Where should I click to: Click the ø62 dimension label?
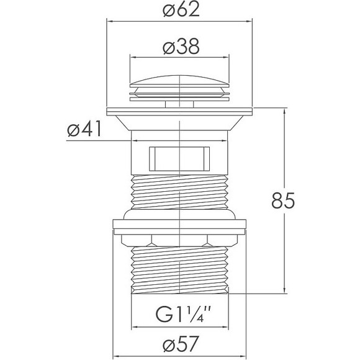click(x=181, y=11)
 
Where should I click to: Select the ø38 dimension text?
click(x=181, y=47)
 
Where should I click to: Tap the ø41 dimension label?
click(x=84, y=129)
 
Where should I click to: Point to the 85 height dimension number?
click(x=283, y=200)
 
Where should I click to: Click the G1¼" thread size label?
click(x=183, y=314)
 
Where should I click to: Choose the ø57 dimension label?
click(x=181, y=344)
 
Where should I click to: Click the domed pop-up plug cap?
click(x=179, y=81)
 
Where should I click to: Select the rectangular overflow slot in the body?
click(x=179, y=159)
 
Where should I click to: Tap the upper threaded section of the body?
click(x=179, y=192)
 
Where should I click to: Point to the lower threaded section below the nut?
click(x=180, y=270)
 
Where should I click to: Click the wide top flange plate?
click(x=179, y=111)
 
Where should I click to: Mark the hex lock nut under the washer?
click(x=179, y=240)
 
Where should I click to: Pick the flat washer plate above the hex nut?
click(x=179, y=227)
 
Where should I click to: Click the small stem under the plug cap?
click(x=179, y=104)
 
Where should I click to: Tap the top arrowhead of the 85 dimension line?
click(x=285, y=112)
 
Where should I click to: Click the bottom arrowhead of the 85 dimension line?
click(x=285, y=289)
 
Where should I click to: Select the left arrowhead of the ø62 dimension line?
click(x=110, y=22)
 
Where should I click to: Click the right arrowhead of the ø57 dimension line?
click(x=242, y=356)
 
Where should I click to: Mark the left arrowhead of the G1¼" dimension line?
click(x=135, y=326)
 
